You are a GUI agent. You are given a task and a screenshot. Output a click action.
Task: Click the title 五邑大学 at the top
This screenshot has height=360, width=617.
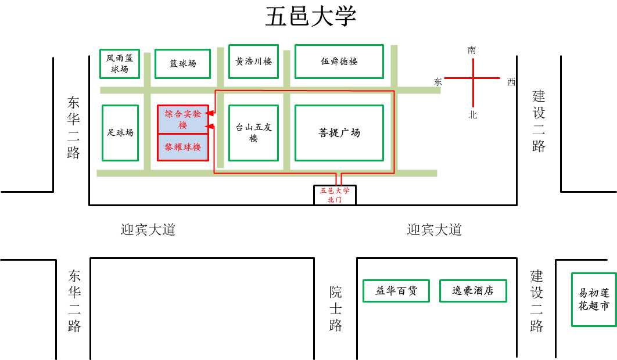310,17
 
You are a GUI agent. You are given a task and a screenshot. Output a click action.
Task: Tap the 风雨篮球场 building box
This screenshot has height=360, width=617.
120,63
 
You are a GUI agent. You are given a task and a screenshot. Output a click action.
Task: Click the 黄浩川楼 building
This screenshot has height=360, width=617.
253,61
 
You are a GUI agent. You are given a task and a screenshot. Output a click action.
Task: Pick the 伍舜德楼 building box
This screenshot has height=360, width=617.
339,61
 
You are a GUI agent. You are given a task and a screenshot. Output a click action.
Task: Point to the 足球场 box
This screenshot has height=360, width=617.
120,132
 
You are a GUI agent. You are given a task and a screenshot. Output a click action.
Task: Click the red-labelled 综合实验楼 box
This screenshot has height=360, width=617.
183,120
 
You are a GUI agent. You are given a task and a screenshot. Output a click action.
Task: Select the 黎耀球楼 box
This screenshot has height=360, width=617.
183,147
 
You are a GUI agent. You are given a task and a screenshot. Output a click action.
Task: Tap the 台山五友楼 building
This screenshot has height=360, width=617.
253,132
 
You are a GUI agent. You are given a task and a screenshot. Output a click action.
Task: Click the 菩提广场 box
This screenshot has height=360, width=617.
339,132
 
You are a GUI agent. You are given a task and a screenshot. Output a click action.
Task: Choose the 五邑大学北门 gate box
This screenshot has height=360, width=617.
335,195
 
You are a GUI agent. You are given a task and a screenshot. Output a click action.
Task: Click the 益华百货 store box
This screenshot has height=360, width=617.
396,291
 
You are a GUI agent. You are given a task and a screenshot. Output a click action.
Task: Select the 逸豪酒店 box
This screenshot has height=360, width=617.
473,291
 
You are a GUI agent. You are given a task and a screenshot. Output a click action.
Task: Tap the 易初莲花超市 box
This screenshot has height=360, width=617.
594,300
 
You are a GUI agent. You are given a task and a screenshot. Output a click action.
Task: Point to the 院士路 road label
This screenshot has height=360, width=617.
336,308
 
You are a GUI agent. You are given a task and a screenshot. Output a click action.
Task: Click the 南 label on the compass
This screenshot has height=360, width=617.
472,51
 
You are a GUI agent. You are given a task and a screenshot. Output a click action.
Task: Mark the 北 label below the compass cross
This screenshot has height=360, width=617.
473,115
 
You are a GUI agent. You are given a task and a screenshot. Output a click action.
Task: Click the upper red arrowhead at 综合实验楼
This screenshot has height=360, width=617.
211,113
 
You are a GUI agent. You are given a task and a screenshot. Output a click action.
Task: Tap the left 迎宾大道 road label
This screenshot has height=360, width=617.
148,230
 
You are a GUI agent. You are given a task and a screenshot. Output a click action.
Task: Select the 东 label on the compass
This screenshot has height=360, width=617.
437,82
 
